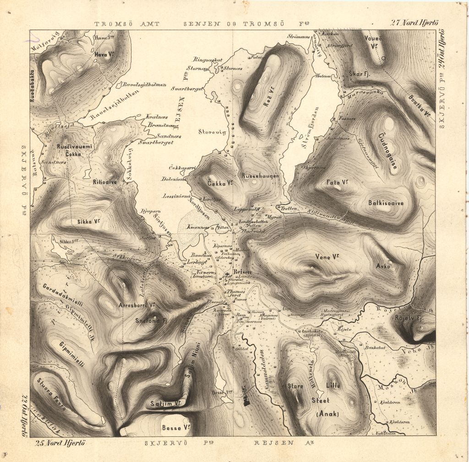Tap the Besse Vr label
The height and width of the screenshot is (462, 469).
click(x=176, y=428)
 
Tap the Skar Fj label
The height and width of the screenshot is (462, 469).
click(x=359, y=74)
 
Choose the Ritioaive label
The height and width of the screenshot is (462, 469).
click(x=105, y=182)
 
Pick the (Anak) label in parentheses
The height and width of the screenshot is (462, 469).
click(x=327, y=414)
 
